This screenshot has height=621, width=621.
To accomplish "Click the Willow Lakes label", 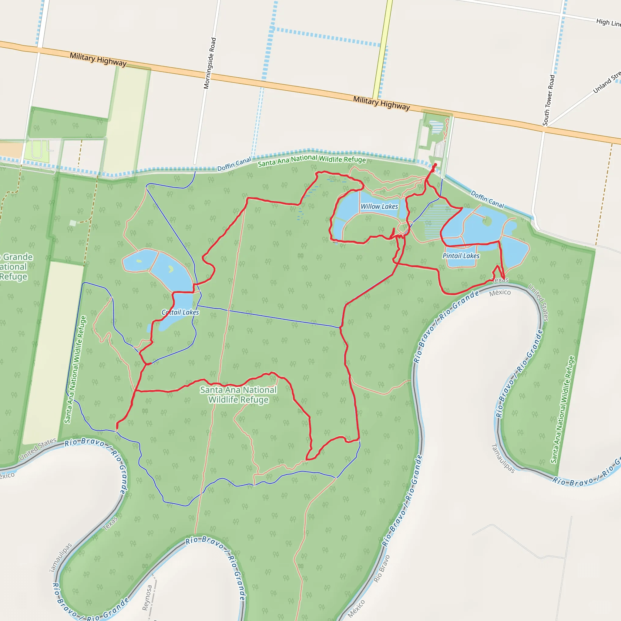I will click(x=379, y=206).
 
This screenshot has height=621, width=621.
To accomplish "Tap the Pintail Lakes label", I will click(x=461, y=256).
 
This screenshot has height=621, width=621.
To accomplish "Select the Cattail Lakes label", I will click(x=180, y=312).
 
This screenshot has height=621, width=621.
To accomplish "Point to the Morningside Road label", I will click(x=210, y=63).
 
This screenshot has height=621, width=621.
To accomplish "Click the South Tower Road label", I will click(x=549, y=100).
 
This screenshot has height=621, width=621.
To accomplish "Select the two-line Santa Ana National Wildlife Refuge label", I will click(x=238, y=395).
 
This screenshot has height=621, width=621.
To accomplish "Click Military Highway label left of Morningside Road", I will click(x=98, y=59).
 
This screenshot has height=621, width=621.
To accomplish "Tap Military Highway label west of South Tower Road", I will click(x=381, y=103).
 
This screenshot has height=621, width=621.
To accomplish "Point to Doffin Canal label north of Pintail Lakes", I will click(x=487, y=199).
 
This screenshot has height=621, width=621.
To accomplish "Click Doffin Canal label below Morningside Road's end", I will click(x=234, y=164).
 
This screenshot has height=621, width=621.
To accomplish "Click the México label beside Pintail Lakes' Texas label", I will click(x=500, y=293).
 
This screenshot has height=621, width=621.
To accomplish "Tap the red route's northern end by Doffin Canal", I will click(x=435, y=165).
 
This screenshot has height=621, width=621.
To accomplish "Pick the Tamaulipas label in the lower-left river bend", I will click(x=60, y=558).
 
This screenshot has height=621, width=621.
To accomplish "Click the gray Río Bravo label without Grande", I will click(x=381, y=569).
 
